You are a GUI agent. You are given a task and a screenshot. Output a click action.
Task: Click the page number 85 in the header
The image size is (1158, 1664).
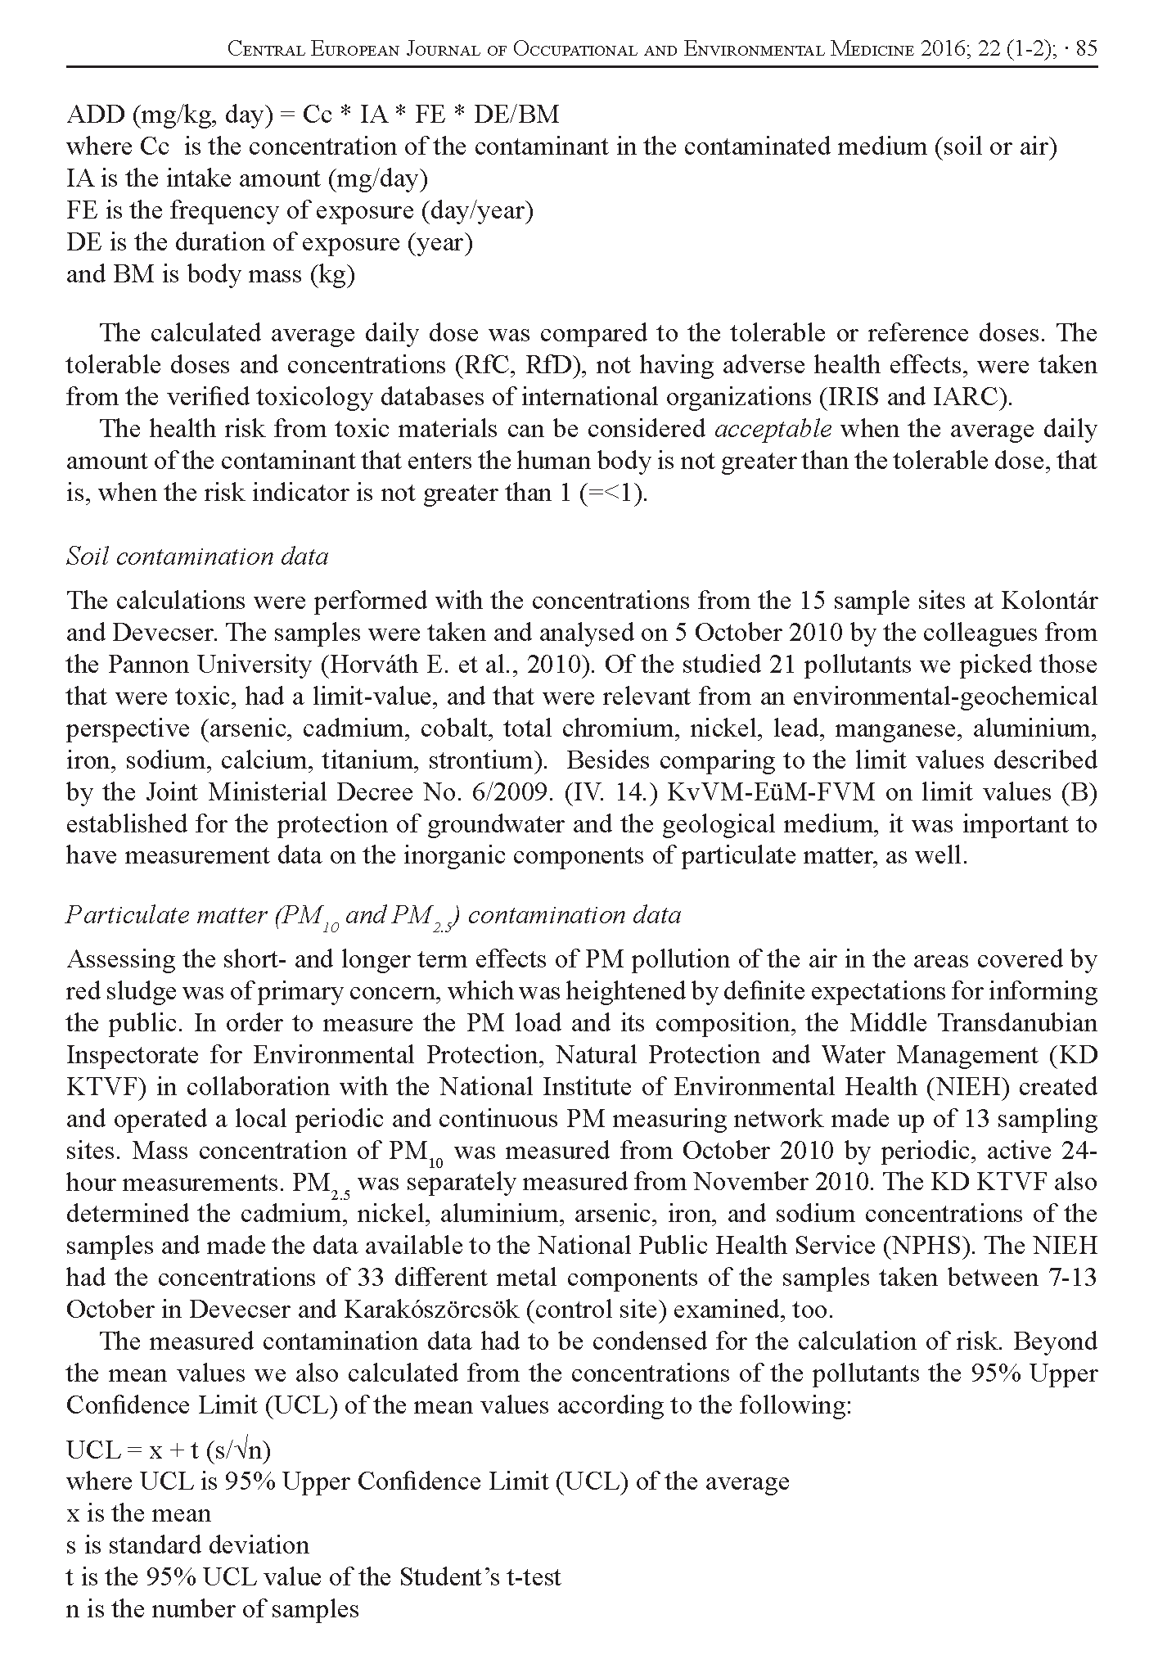(x=1086, y=49)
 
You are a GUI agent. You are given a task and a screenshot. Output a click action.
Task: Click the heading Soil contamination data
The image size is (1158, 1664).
(x=197, y=557)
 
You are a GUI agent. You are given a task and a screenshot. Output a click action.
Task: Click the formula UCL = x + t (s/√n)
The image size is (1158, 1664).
(x=169, y=1450)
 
